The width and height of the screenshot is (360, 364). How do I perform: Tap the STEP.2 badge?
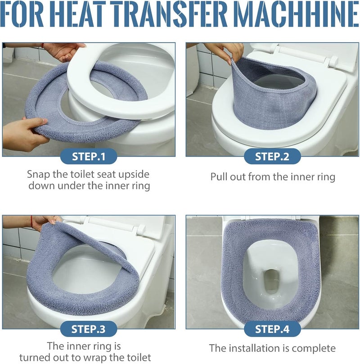point(272,157)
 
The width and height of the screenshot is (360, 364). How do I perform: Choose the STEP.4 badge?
point(272,329)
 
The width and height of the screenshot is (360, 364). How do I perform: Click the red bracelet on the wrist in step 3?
point(31,221)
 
